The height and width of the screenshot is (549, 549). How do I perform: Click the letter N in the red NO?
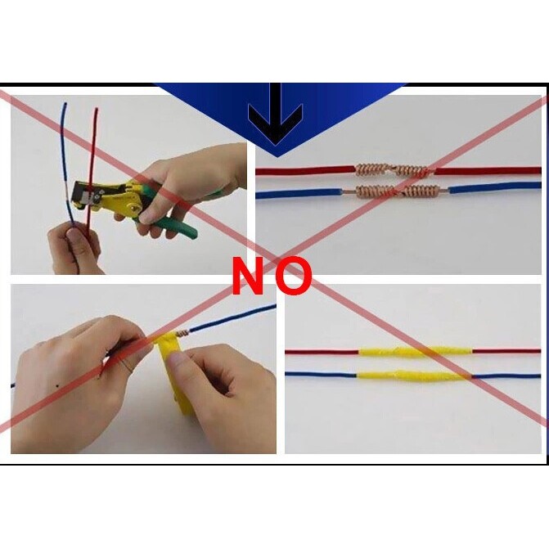click(x=248, y=275)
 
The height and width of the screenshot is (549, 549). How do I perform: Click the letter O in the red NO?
click(x=293, y=276)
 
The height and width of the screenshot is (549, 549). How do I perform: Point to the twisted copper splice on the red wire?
click(x=391, y=170)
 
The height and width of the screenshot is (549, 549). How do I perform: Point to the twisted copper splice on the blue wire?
click(x=397, y=191)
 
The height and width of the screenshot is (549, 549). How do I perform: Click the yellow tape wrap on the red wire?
click(x=415, y=352)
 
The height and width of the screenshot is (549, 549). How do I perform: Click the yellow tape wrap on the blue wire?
click(x=413, y=376)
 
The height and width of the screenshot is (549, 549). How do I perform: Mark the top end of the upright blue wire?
click(x=65, y=104)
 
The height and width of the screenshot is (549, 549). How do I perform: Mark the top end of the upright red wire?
click(x=97, y=110)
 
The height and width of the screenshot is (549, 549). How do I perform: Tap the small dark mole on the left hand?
click(x=56, y=386)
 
